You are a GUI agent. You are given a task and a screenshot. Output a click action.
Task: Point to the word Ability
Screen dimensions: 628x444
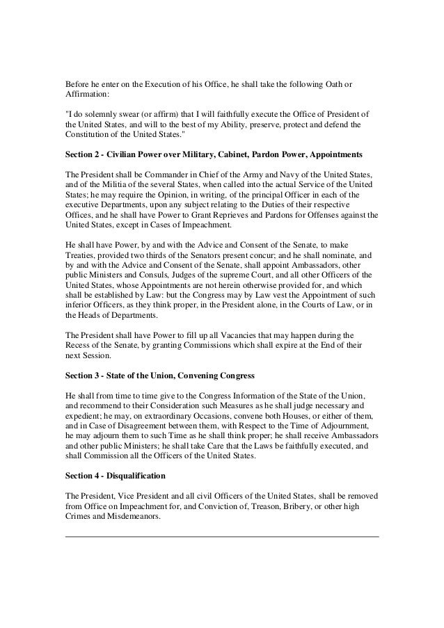point(238,125)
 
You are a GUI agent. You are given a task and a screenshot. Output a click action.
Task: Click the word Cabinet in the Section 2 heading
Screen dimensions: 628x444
point(239,154)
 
